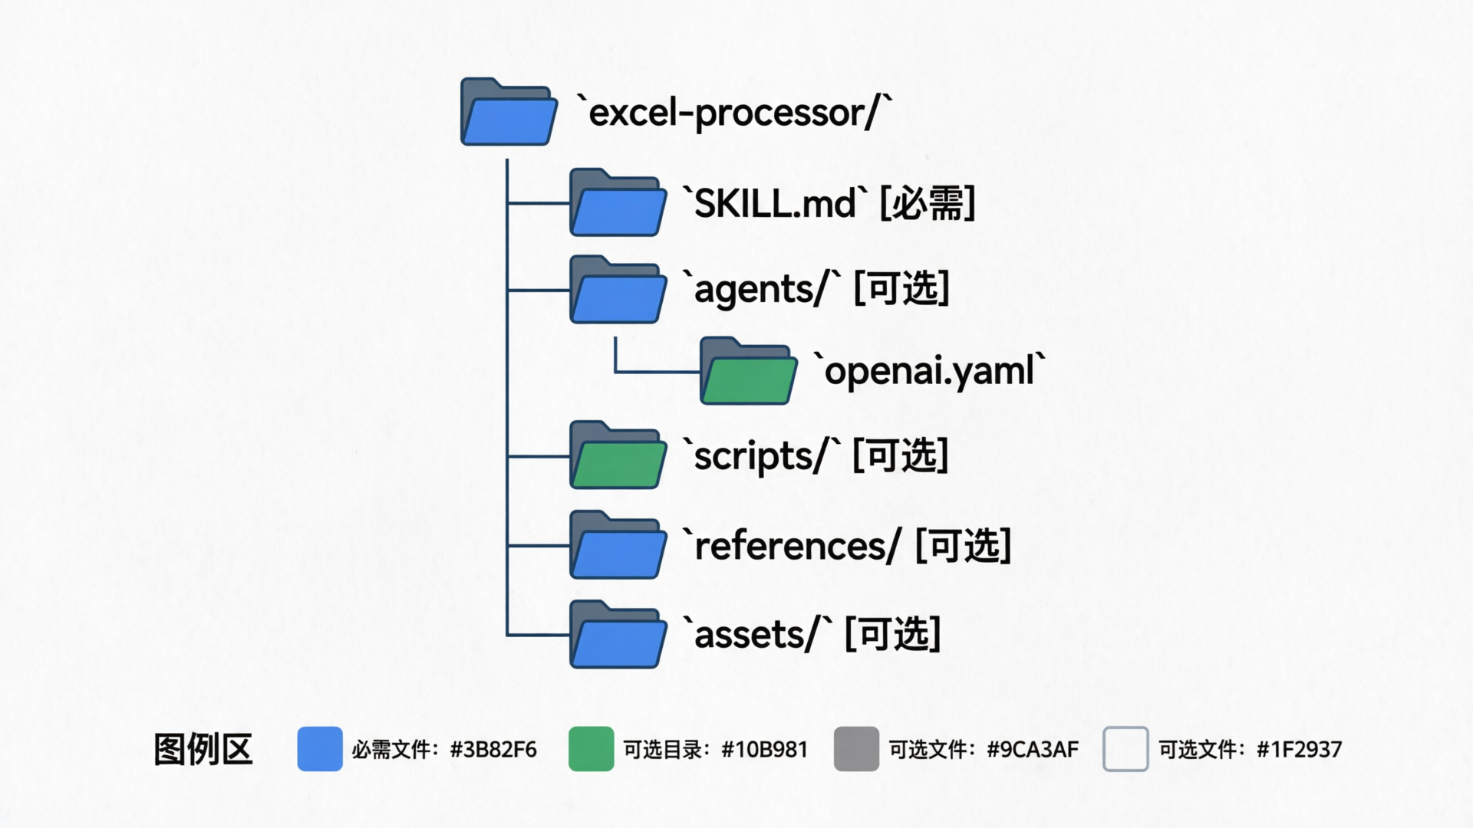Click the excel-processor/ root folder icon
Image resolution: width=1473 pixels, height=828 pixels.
[x=509, y=113]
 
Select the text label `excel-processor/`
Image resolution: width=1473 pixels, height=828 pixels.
[x=734, y=113]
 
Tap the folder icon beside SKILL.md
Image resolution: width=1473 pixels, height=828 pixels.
[x=618, y=203]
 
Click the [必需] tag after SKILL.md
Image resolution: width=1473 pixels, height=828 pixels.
[x=927, y=203]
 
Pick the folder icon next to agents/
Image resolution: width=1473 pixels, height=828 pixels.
[x=618, y=290]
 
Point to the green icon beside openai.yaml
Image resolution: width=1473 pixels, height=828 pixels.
[x=748, y=372]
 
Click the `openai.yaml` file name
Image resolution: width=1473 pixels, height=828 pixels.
[x=929, y=371]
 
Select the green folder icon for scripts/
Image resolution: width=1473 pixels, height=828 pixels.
[x=618, y=455]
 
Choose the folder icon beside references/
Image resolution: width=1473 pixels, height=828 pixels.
[x=618, y=545]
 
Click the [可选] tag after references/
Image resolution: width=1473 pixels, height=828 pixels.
[x=964, y=545]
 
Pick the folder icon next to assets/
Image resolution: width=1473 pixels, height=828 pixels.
[x=618, y=635]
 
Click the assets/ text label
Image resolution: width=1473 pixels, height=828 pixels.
[x=760, y=635]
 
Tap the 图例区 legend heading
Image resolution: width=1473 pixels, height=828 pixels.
[x=203, y=749]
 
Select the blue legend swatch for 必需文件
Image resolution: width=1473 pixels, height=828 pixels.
[x=320, y=749]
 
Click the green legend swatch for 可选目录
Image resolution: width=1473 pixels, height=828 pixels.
[x=591, y=749]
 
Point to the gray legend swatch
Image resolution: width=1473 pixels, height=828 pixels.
[x=856, y=749]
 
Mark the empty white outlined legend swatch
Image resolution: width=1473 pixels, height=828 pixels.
[x=1125, y=749]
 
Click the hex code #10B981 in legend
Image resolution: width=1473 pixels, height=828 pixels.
[x=765, y=749]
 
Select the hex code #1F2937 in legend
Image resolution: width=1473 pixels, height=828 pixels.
[x=1299, y=749]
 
